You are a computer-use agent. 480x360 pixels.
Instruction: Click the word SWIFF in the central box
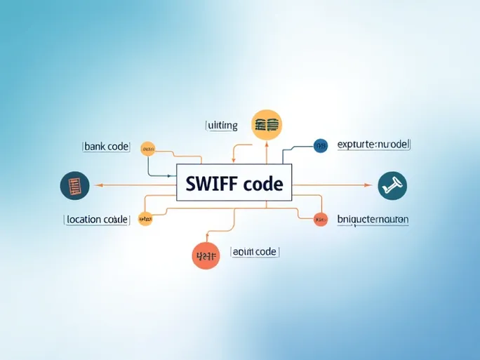click(211, 184)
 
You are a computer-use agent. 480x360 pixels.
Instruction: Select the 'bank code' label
click(107, 147)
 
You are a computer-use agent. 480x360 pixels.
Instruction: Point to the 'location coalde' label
click(97, 219)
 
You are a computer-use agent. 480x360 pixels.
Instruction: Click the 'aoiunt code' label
click(254, 251)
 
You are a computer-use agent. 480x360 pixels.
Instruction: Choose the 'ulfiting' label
click(222, 126)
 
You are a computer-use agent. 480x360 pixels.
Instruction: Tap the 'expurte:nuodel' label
click(373, 145)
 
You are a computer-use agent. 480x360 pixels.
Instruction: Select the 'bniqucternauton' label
click(373, 219)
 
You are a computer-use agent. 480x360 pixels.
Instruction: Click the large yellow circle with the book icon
click(267, 125)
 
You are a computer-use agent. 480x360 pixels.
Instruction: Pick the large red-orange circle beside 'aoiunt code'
click(206, 255)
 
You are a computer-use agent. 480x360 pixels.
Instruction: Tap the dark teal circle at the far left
click(75, 186)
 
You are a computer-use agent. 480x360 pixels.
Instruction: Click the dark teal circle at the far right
click(392, 185)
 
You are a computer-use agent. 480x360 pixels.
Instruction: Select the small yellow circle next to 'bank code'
click(147, 148)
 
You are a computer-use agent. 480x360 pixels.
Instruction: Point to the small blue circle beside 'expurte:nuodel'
click(321, 145)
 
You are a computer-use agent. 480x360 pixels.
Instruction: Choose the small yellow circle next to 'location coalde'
click(145, 219)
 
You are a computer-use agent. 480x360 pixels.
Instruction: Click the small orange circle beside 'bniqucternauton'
click(320, 219)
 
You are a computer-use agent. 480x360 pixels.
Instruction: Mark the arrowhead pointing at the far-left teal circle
click(97, 185)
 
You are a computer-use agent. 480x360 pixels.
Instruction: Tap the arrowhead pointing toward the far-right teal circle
click(368, 185)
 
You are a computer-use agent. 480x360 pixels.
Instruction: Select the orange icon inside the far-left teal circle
click(75, 186)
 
